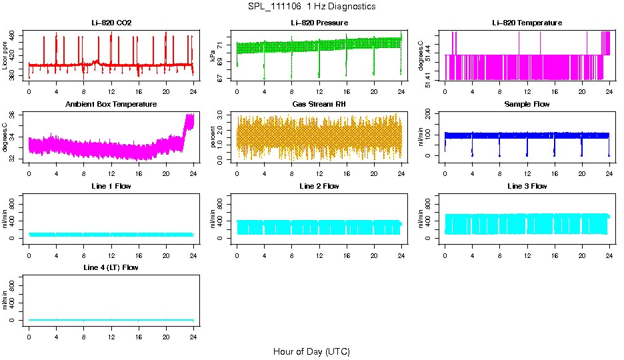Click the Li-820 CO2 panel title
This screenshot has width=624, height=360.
point(111,23)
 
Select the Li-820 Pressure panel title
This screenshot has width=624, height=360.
point(319,23)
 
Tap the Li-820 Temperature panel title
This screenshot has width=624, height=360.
point(527,23)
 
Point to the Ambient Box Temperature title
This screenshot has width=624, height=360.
point(111,105)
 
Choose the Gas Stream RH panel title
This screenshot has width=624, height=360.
point(319,105)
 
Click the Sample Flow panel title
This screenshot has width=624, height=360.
point(527,105)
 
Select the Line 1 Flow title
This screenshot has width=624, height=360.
point(111,186)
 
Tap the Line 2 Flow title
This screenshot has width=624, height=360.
point(319,186)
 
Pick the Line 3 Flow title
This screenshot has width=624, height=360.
point(527,186)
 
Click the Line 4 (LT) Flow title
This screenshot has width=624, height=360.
point(111,267)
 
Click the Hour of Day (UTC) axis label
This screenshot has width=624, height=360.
point(311,351)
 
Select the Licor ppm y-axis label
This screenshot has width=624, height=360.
point(5,55)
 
